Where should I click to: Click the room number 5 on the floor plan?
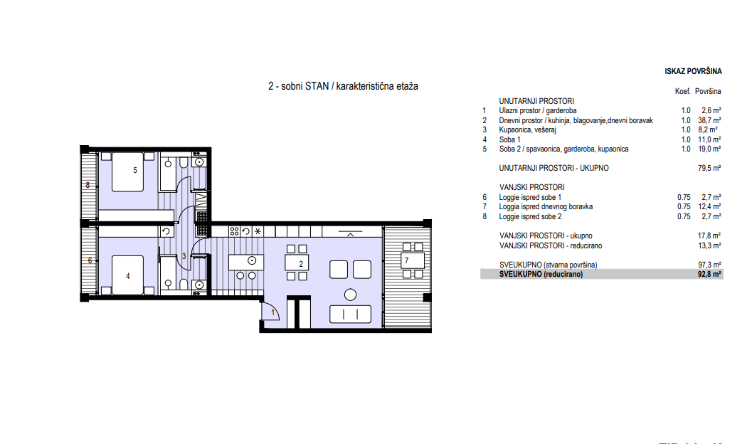coord(135,170)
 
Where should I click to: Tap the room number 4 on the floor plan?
coord(128,276)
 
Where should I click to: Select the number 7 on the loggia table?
coord(407,261)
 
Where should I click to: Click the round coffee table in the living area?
coord(351,295)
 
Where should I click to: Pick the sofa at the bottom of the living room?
coord(351,314)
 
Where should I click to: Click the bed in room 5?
coord(127,171)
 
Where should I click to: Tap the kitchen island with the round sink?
coord(246,262)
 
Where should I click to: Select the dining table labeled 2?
coord(297,263)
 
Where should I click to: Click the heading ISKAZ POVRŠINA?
coord(693,71)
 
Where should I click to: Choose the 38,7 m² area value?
coord(709,120)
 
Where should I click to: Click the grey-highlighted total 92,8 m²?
coord(709,274)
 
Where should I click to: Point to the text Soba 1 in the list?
coord(509,139)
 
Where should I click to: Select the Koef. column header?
coord(682,91)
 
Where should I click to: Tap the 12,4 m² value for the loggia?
coord(709,206)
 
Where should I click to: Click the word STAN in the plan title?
coord(317,86)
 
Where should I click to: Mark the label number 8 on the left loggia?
coord(88,185)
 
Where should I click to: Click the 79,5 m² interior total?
coord(709,169)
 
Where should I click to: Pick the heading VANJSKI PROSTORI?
coord(531,187)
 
